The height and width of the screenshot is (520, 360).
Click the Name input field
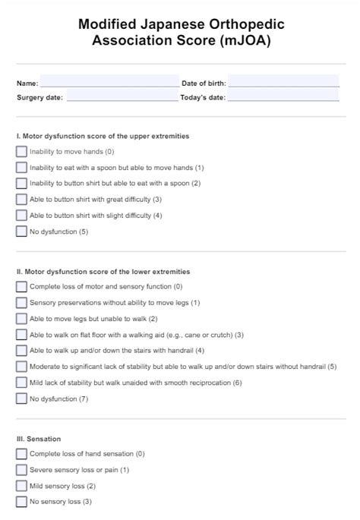(109, 81)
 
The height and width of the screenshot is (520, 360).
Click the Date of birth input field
(283, 81)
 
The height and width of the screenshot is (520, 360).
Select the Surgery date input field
(122, 96)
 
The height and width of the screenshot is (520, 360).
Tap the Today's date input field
(283, 96)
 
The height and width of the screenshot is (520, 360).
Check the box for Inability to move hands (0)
(21, 152)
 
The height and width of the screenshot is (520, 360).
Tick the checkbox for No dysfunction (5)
(21, 232)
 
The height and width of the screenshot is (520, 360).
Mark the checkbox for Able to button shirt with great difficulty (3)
(21, 200)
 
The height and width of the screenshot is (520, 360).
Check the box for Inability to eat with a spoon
(21, 168)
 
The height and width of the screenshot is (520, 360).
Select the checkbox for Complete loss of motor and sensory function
(21, 287)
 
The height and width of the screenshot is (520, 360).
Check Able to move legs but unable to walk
(21, 319)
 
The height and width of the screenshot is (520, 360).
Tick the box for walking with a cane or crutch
(21, 335)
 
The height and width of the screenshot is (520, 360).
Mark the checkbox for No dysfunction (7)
(21, 399)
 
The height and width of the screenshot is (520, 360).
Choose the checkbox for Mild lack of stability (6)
(21, 383)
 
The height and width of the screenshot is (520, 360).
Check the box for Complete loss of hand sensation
(21, 454)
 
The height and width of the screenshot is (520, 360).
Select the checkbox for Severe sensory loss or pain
(21, 470)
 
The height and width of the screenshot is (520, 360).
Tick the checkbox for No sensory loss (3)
(21, 502)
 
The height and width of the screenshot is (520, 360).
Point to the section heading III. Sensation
(39, 439)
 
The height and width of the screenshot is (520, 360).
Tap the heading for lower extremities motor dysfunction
(103, 271)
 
